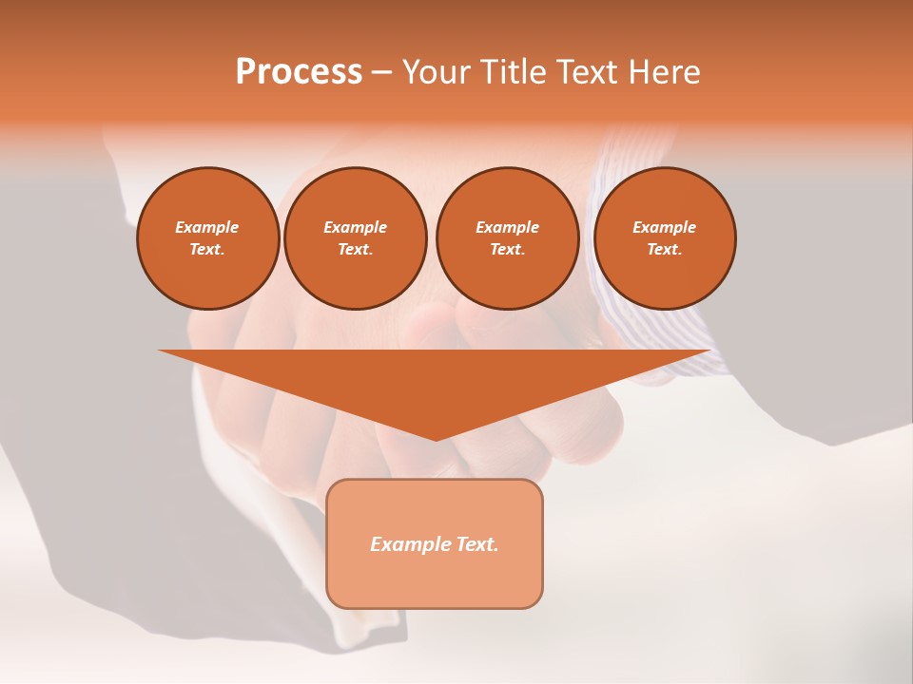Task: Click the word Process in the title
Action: (x=299, y=72)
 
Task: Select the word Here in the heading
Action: (x=665, y=72)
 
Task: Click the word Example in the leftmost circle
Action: (x=207, y=227)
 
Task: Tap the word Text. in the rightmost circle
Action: (x=665, y=249)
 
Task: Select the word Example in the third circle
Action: (x=507, y=227)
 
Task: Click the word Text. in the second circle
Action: (x=355, y=249)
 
